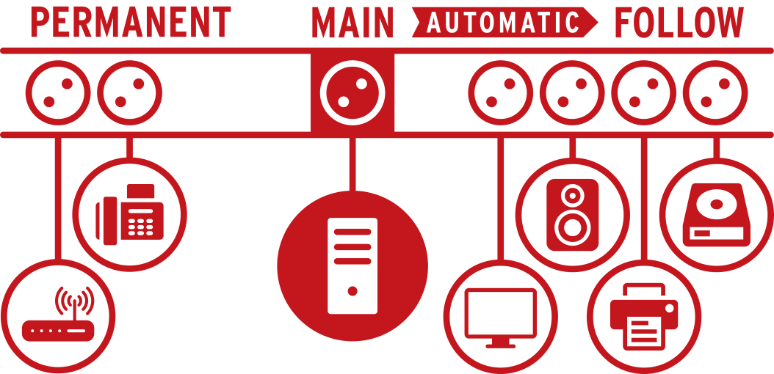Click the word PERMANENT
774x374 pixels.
point(131,22)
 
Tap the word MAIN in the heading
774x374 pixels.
point(352,22)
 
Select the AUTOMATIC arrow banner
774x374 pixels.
point(504,22)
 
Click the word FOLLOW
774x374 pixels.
point(679,22)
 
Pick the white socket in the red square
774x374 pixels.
point(352,92)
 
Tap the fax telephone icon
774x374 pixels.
point(129,214)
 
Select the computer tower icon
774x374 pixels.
point(352,265)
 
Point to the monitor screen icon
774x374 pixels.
point(501,318)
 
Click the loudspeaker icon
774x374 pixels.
point(573,214)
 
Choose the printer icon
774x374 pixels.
point(644,316)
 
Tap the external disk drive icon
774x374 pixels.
point(716,214)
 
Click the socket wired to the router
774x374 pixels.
point(58,92)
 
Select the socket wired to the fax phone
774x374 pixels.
point(129,92)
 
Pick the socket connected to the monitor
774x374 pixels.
point(501,92)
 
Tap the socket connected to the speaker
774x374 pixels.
point(573,92)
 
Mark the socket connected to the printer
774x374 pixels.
point(644,92)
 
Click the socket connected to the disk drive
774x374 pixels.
point(716,92)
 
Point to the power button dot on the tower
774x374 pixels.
point(352,290)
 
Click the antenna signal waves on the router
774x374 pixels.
point(74,301)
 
